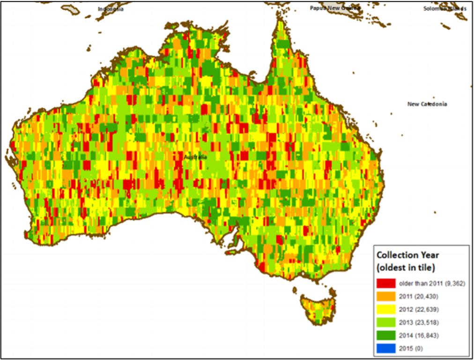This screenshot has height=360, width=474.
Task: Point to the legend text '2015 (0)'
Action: pos(410,348)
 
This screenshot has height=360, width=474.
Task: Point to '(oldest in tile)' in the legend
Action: pos(406,268)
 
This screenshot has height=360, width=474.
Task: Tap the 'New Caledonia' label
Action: pos(427,104)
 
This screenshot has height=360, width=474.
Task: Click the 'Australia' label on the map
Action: pos(195,157)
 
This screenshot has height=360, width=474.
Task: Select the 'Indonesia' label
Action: pos(111,9)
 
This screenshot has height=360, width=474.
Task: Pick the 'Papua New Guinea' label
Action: pos(334,8)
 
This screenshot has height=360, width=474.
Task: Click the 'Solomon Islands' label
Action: pos(444,9)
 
